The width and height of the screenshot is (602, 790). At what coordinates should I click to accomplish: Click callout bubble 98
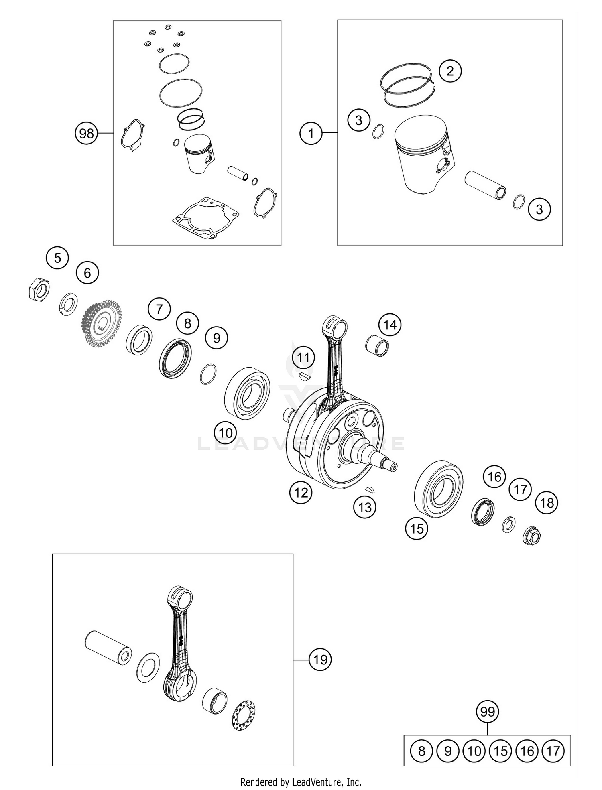[x=86, y=133]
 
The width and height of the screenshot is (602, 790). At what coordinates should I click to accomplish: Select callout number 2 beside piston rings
[x=450, y=71]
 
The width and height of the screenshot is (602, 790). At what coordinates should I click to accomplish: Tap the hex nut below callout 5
[x=40, y=289]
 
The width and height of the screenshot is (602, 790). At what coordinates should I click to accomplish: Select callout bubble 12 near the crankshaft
[x=301, y=492]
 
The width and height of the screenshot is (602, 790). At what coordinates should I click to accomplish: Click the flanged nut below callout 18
[x=533, y=536]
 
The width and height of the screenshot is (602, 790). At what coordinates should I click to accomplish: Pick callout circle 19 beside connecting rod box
[x=320, y=660]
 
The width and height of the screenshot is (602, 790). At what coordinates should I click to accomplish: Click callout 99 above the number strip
[x=487, y=712]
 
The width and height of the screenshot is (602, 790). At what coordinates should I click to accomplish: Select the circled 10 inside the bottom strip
[x=474, y=751]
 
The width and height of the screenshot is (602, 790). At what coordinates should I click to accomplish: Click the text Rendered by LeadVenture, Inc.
[x=301, y=782]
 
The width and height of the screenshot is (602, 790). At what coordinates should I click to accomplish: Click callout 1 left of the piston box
[x=311, y=133]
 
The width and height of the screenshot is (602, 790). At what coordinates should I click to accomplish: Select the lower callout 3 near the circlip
[x=539, y=209]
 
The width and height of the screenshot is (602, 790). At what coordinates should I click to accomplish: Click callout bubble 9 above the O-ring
[x=216, y=338]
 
